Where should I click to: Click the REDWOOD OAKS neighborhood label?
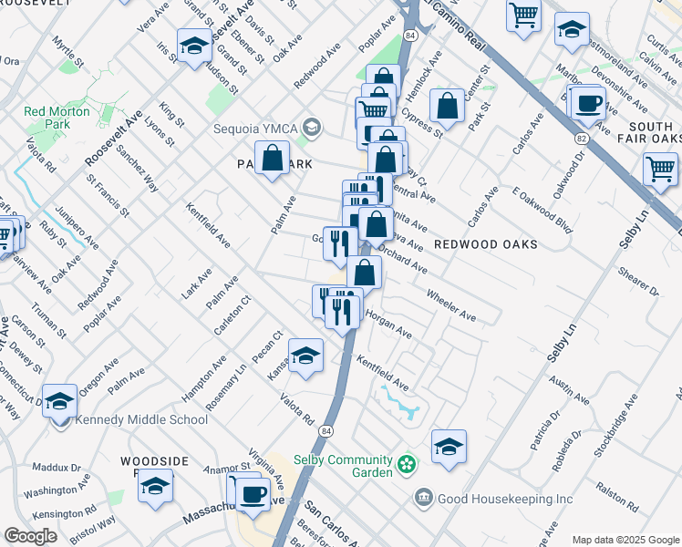tap(485, 244)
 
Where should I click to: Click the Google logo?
tap(30, 535)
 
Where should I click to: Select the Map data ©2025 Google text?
tap(625, 539)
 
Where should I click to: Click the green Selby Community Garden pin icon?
tap(408, 465)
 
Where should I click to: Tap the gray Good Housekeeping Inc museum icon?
tap(423, 498)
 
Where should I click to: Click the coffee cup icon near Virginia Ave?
tap(253, 495)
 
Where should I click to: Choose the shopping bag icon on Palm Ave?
tap(273, 159)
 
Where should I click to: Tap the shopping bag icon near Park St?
tap(448, 107)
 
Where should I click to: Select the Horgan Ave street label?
tap(389, 325)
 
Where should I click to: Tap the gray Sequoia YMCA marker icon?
tap(312, 126)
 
